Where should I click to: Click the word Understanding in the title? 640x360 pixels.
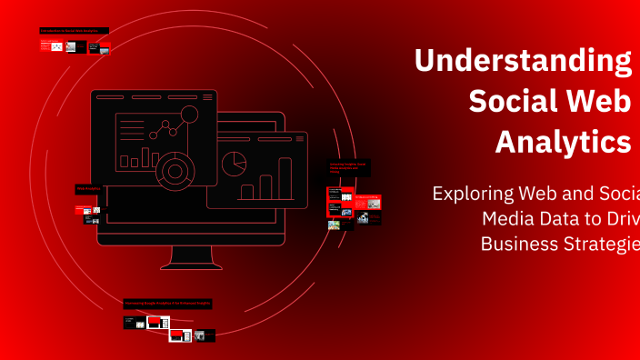coord(523,61)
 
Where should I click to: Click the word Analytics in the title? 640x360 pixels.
coord(563,142)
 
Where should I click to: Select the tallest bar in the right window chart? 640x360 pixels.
coord(285,178)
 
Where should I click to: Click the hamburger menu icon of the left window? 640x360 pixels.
coord(207,96)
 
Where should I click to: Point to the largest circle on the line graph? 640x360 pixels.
coord(189,115)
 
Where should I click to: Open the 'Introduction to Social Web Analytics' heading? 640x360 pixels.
coord(74,31)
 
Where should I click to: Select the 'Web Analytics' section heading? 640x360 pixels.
coord(89,189)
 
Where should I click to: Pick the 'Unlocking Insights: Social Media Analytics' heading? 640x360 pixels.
coord(347,167)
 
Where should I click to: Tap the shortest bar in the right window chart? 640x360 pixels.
coord(246,192)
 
